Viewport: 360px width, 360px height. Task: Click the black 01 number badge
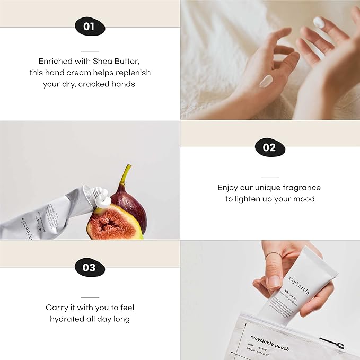coord(89,27)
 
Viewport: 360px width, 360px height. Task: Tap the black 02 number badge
coord(269,147)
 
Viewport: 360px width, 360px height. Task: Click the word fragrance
coord(300,187)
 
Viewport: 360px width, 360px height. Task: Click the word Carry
coord(57,308)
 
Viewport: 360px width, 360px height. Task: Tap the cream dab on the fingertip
coord(319,22)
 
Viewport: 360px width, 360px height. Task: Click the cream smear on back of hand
coord(266,81)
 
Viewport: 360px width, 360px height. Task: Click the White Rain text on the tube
coord(291,291)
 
